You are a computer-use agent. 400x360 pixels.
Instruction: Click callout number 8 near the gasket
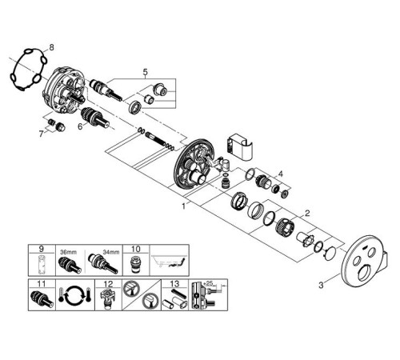(51, 47)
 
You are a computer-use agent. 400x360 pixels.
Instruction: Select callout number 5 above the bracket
(145, 72)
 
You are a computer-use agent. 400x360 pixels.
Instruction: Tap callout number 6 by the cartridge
(80, 126)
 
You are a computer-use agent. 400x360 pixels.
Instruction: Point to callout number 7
(41, 134)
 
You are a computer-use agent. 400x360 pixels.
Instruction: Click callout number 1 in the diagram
(183, 206)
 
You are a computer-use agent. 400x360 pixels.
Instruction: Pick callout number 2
(307, 213)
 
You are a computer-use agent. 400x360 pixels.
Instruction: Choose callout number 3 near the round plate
(321, 286)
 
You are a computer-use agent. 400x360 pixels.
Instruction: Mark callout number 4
(280, 174)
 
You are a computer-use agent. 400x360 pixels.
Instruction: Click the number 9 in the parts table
(42, 249)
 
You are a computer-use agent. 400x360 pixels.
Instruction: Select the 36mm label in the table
(68, 252)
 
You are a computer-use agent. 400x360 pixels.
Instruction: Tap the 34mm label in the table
(111, 252)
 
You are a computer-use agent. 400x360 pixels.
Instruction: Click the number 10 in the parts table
(135, 249)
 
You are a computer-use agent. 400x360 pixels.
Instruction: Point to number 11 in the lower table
(42, 283)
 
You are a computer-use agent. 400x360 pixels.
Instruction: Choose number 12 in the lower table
(109, 283)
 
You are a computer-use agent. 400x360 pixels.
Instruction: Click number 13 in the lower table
(174, 283)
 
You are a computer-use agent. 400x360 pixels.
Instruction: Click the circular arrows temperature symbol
(75, 295)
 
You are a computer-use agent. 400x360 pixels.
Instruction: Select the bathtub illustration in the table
(170, 262)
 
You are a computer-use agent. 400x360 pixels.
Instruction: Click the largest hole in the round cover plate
(364, 275)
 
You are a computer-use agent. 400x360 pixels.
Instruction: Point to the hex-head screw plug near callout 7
(60, 127)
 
